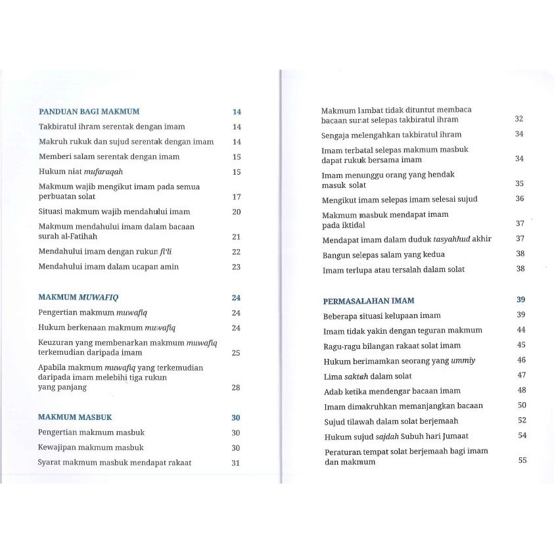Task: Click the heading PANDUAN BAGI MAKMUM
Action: pyautogui.click(x=89, y=112)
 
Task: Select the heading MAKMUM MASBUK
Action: pyautogui.click(x=75, y=417)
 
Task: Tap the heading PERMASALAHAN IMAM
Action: pyautogui.click(x=369, y=301)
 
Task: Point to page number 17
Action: pyautogui.click(x=237, y=196)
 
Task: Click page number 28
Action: pyautogui.click(x=237, y=388)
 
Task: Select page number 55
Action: pyautogui.click(x=522, y=461)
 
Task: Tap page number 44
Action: pyautogui.click(x=521, y=330)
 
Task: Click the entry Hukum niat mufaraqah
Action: pyautogui.click(x=81, y=172)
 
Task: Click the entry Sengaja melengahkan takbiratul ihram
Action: pyautogui.click(x=392, y=134)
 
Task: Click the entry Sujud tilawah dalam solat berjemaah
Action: pyautogui.click(x=391, y=421)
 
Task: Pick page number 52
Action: pyautogui.click(x=522, y=421)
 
